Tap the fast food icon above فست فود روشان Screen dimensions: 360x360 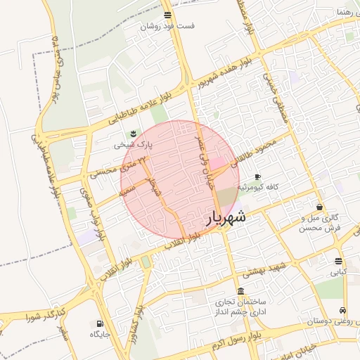pos(167,15)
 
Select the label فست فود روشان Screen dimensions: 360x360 pos(167,26)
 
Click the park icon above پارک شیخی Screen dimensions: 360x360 pos(133,134)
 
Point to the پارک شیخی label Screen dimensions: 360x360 pos(132,145)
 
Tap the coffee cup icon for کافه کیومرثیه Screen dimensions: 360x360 pos(257,176)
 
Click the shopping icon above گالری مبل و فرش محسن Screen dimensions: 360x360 pos(320,207)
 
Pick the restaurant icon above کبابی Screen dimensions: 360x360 pos(338,260)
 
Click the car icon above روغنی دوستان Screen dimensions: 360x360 pos(342,310)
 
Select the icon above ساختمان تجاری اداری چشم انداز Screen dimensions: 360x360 pos(241,291)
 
